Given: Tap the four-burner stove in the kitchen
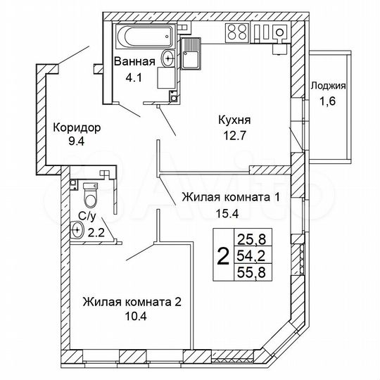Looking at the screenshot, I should click(x=237, y=32).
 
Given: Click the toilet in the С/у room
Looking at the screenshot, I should click(x=89, y=191).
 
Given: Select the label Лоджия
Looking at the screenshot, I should click(x=328, y=87).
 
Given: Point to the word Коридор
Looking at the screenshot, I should click(x=77, y=128).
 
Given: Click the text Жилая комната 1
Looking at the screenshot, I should click(x=231, y=197).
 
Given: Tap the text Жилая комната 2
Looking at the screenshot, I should click(x=132, y=302).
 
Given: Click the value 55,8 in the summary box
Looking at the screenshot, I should click(x=253, y=271).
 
